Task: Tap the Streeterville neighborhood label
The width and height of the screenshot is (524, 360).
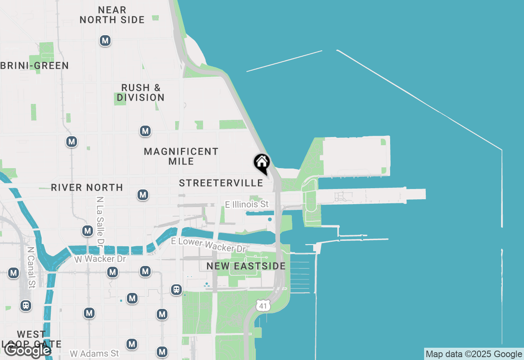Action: pyautogui.click(x=221, y=183)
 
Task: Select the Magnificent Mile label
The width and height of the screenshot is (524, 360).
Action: pyautogui.click(x=181, y=156)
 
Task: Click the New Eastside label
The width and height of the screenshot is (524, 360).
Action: pyautogui.click(x=246, y=266)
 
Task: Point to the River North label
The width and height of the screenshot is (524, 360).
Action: pyautogui.click(x=87, y=187)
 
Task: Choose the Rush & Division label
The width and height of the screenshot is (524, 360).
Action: pyautogui.click(x=141, y=92)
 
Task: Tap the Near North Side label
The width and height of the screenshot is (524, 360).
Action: pyautogui.click(x=112, y=15)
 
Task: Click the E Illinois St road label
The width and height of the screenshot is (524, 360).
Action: pyautogui.click(x=247, y=204)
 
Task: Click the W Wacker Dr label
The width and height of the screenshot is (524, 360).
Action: pyautogui.click(x=100, y=259)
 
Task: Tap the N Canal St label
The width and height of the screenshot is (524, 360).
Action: pyautogui.click(x=30, y=267)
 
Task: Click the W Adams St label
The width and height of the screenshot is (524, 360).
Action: pyautogui.click(x=94, y=353)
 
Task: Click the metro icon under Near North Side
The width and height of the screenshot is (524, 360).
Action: pyautogui.click(x=105, y=40)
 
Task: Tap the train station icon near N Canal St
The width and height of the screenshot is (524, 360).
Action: pyautogui.click(x=26, y=305)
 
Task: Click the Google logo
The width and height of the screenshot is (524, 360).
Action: pyautogui.click(x=27, y=350)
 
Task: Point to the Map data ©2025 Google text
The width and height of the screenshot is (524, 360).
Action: pyautogui.click(x=474, y=354)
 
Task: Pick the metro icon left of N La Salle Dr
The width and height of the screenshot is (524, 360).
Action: pyautogui.click(x=87, y=231)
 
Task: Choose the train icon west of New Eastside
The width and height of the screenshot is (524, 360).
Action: pyautogui.click(x=176, y=290)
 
